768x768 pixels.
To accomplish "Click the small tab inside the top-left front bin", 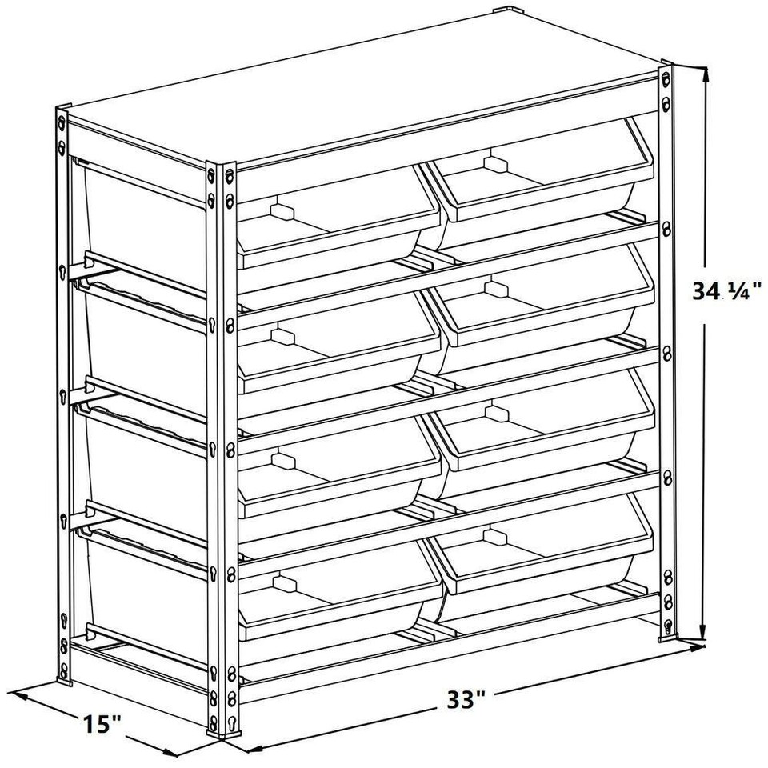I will tap(280, 211).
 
